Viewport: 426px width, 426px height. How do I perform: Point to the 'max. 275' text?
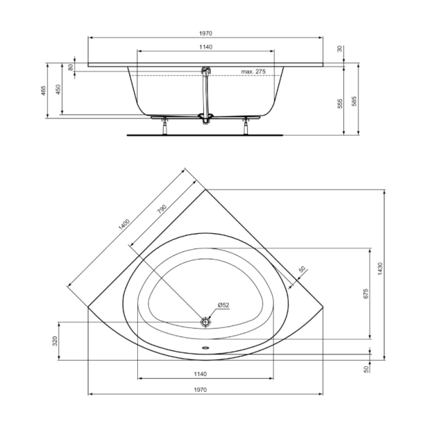(x=254, y=72)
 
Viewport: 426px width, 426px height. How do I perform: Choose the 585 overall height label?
(x=354, y=102)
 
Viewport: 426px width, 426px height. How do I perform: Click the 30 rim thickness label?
(x=339, y=49)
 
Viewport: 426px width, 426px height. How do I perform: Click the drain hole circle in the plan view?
(x=205, y=322)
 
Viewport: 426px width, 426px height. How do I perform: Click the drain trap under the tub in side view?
(x=205, y=118)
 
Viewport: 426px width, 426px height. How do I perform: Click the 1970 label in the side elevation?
(x=205, y=33)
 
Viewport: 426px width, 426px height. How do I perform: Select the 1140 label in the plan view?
(x=205, y=374)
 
